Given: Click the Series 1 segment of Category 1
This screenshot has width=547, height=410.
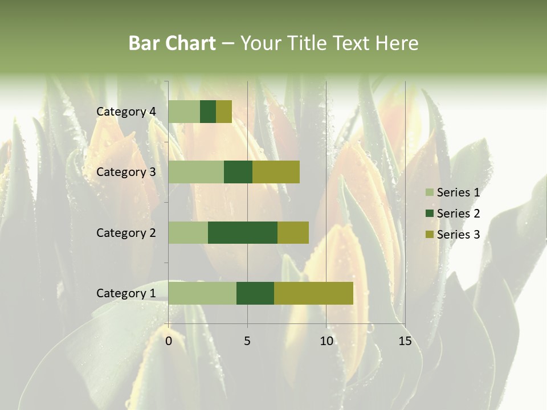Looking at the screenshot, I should pos(202,293).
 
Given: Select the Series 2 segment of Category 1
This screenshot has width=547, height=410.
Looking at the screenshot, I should pos(255,293).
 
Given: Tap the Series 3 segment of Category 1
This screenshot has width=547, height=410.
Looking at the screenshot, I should pos(313,293).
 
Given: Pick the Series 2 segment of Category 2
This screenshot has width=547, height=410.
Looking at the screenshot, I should pos(243,232).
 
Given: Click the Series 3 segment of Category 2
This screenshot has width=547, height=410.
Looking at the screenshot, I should pos(293,232).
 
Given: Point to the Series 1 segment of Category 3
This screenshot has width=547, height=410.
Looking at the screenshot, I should pos(196,172).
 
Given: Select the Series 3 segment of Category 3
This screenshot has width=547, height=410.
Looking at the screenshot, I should pos(276,172).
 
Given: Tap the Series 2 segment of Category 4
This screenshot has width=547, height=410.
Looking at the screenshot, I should pos(208,112).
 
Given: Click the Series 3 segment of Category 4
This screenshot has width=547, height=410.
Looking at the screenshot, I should pos(224,112).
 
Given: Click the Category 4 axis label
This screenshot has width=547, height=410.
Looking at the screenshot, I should pos(126,112).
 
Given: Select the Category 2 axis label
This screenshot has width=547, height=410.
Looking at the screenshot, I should pos(126,232).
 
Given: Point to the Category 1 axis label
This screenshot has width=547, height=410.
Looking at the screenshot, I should pos(126,293).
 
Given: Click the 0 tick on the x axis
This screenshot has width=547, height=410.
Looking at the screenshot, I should pos(169,341).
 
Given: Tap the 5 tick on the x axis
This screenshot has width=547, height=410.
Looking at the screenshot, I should pos(247,341).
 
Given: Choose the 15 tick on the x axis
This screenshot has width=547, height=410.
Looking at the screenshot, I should pos(405,341).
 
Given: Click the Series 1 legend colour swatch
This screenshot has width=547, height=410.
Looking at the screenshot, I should pos(429,192).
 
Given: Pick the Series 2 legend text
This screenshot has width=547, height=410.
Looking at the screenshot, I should pos(458,214).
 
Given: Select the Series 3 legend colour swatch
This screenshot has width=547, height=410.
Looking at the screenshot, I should pos(429,235).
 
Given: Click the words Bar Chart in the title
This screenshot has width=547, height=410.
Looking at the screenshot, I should pos(172,43).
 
